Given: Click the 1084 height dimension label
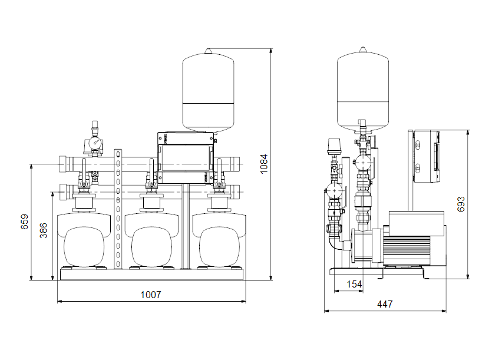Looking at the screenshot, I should pos(264,163).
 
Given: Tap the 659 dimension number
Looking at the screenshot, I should pos(24,222).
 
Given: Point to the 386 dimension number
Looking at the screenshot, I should pos(44,230).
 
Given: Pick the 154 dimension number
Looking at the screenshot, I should pos(354,285).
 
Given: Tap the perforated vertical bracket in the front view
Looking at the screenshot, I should pos(118,206).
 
